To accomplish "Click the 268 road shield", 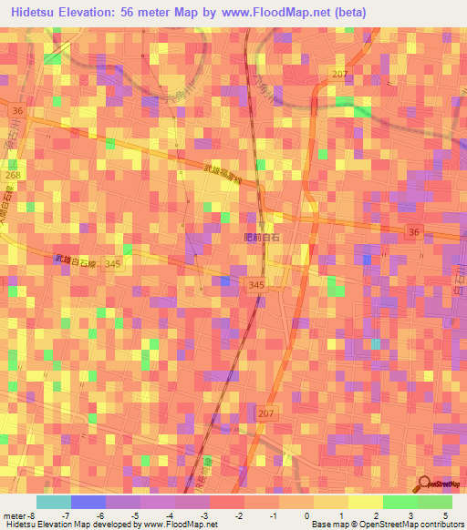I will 13,175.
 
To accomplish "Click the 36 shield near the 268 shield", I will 18,110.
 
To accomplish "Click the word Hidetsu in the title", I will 39,12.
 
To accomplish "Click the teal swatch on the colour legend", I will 53,501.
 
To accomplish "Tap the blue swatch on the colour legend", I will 88,501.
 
